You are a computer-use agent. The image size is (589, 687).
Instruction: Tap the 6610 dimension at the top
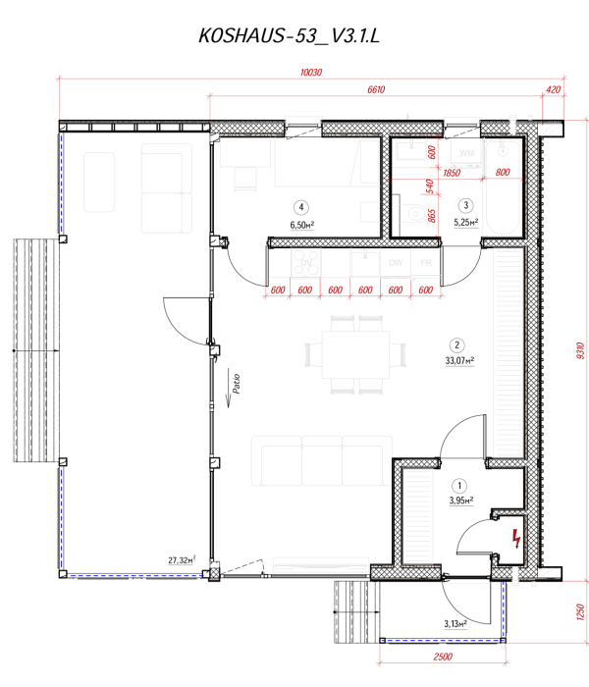(374, 89)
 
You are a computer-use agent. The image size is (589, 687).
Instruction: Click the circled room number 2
(456, 344)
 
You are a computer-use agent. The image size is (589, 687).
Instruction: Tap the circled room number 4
(301, 207)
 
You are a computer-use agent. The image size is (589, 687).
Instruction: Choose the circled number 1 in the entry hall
(457, 486)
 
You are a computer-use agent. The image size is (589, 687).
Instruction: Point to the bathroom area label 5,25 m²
(465, 222)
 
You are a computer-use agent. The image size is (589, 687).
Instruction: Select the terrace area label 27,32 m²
(183, 560)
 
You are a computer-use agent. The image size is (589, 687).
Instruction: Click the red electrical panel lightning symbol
(514, 537)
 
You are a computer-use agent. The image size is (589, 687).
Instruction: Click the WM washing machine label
(466, 154)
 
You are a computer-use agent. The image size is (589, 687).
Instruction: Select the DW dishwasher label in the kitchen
(396, 264)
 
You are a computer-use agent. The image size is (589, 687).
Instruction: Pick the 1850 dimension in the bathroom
(452, 173)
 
